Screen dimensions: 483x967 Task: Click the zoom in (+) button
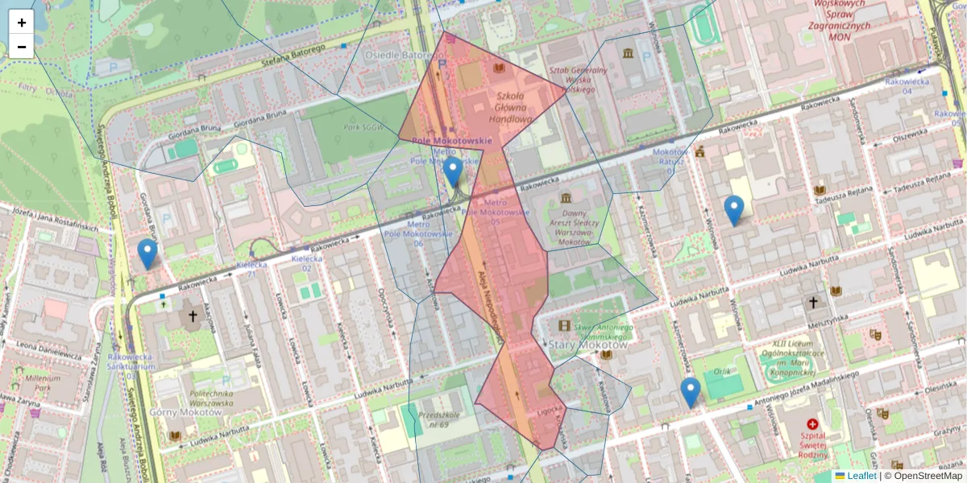pyautogui.click(x=22, y=23)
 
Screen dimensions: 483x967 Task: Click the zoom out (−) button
pyautogui.click(x=22, y=47)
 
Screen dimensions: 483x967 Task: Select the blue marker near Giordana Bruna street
pyautogui.click(x=147, y=254)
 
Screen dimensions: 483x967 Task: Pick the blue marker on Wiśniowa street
pyautogui.click(x=733, y=210)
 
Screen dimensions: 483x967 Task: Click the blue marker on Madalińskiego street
pyautogui.click(x=690, y=392)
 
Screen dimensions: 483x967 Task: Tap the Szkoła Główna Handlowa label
pyautogui.click(x=510, y=108)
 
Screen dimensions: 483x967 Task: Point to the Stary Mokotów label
pyautogui.click(x=576, y=345)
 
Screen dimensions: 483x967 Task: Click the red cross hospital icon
pyautogui.click(x=812, y=423)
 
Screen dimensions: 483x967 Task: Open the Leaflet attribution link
pyautogui.click(x=861, y=476)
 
